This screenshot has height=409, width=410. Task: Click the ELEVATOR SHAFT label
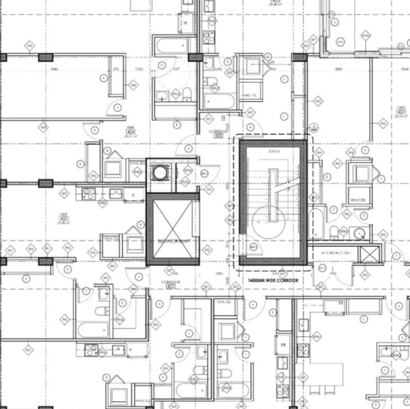[172, 241]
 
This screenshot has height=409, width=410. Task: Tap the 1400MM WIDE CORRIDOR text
[273, 281]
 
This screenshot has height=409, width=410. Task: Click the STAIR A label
[273, 152]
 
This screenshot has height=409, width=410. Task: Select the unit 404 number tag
[131, 132]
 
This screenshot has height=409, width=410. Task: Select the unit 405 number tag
[63, 219]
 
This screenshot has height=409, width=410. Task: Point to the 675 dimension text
[116, 69]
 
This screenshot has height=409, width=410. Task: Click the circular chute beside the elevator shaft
[160, 173]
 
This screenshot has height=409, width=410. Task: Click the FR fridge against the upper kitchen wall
[341, 303]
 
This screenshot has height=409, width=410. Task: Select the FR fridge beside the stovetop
[283, 345]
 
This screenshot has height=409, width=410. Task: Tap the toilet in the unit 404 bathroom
[187, 95]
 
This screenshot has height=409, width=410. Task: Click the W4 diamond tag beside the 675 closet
[133, 85]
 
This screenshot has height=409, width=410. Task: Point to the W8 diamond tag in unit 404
[43, 128]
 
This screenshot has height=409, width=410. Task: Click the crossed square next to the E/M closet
[369, 255]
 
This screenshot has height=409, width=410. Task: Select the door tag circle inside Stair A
[253, 247]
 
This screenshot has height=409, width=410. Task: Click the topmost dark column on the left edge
[3, 57]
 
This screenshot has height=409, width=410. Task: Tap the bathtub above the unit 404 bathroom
[172, 45]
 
